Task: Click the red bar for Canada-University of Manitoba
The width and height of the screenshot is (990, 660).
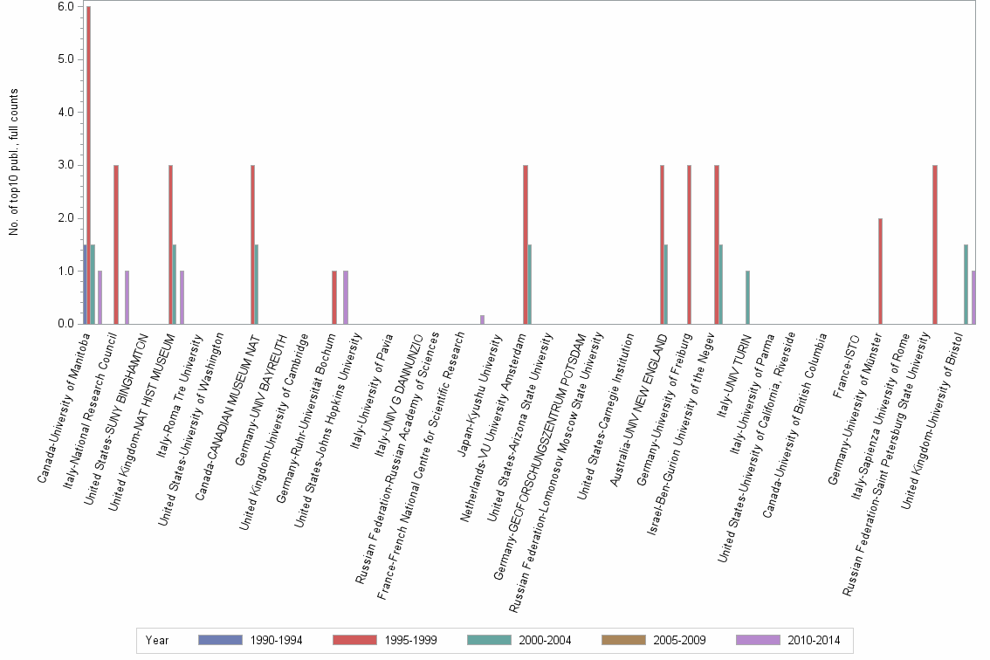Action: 88,166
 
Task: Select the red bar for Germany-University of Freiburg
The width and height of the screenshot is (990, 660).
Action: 689,244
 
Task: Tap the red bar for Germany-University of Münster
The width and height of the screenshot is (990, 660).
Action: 880,272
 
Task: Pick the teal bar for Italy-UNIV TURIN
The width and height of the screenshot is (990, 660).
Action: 747,298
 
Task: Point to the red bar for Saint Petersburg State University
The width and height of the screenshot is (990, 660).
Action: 934,244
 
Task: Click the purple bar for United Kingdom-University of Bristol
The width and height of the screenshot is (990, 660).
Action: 973,298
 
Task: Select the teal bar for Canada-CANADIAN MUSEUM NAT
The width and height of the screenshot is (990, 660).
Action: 257,285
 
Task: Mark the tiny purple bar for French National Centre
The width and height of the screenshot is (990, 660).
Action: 482,320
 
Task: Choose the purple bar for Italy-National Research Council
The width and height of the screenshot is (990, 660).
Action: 127,298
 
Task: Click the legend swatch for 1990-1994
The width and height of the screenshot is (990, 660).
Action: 220,641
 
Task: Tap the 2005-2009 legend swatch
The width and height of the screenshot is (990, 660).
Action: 623,641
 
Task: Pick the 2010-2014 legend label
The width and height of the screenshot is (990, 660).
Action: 813,641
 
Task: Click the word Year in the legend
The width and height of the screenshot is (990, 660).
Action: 158,641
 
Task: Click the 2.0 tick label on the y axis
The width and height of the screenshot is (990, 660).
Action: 65,218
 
